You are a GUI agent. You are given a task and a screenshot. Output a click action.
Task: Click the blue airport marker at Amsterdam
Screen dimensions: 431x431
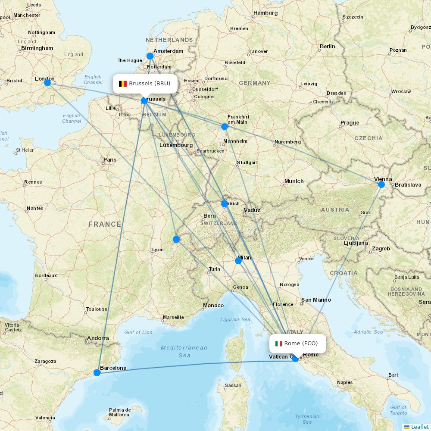150,56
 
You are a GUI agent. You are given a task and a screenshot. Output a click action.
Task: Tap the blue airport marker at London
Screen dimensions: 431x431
47,82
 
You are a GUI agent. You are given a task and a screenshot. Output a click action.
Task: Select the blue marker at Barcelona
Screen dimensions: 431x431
97,372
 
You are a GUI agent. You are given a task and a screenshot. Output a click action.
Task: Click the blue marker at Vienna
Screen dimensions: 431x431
381,184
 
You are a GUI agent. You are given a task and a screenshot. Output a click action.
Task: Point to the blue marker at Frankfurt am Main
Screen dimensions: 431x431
224,127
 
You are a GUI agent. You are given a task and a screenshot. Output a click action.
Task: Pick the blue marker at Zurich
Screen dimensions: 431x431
224,204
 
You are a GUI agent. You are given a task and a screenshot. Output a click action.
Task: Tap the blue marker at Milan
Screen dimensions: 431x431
238,261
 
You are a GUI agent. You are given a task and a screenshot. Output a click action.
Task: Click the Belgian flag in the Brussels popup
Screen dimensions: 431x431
123,84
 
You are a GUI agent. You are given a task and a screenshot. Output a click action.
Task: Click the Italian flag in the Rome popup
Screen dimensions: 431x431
279,344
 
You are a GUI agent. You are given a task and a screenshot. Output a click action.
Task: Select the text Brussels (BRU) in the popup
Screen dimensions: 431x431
150,84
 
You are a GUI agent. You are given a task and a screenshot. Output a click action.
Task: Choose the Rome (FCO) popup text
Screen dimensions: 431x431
301,344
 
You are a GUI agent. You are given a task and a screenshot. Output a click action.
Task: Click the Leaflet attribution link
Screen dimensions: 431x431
419,427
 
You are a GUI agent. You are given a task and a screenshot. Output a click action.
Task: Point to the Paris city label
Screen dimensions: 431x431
110,159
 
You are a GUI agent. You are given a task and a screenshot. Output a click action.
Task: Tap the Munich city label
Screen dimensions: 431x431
294,181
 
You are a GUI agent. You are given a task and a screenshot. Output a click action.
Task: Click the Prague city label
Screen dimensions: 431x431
350,123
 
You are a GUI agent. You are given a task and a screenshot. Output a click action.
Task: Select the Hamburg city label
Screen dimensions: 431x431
265,13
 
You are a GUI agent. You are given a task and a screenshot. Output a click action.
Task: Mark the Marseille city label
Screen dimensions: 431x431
173,317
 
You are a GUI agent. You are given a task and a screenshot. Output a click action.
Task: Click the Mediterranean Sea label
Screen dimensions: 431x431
184,351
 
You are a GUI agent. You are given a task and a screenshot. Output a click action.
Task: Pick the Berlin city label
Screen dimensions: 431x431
327,47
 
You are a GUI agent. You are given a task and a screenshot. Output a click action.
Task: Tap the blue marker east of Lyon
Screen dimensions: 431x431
176,239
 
